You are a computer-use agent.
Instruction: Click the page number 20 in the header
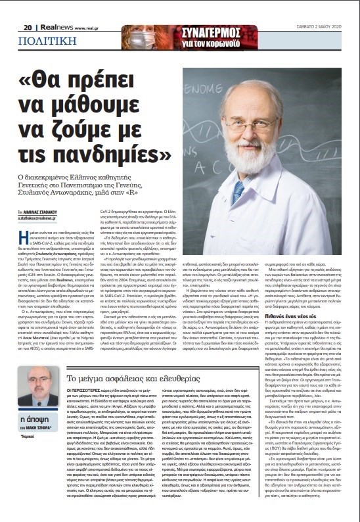(28, 28)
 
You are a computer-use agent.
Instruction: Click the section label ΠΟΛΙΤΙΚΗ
(41, 40)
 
